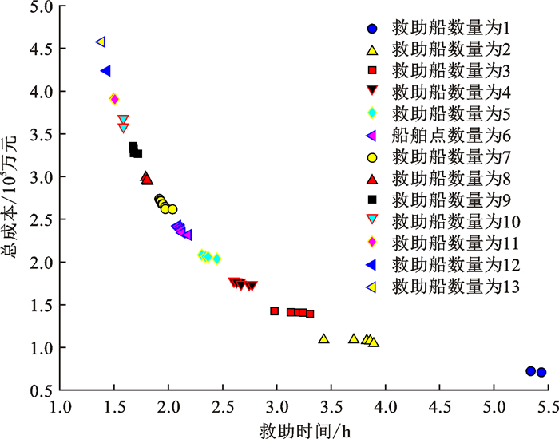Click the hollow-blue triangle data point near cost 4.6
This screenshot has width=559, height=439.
point(101,42)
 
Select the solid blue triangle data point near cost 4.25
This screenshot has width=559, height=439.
point(105,71)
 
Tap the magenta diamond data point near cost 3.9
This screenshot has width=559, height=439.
point(114,99)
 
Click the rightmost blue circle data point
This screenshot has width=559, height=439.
point(541,372)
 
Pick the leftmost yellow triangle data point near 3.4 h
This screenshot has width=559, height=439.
point(324,338)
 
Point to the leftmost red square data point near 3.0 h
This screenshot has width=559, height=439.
point(275,311)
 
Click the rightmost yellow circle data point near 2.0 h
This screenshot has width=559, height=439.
point(172,209)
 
